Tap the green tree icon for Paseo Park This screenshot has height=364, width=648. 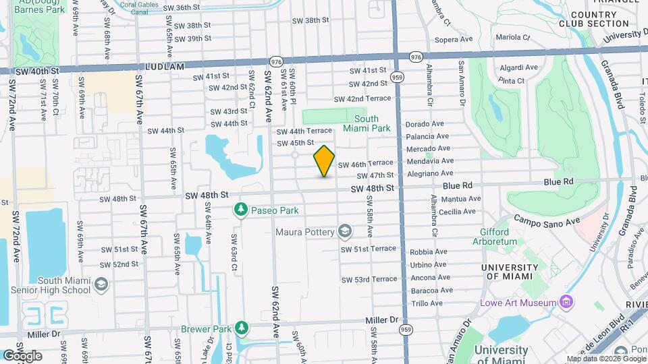(241, 210)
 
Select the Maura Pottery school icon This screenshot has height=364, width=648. (346, 233)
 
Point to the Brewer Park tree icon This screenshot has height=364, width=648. (241, 329)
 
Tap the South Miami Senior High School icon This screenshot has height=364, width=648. (101, 284)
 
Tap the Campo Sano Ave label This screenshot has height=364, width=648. (547, 220)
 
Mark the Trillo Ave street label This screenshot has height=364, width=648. (427, 303)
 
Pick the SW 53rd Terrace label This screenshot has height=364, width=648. (369, 279)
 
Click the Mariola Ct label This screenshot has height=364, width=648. (510, 38)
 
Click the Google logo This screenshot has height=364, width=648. (22, 355)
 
